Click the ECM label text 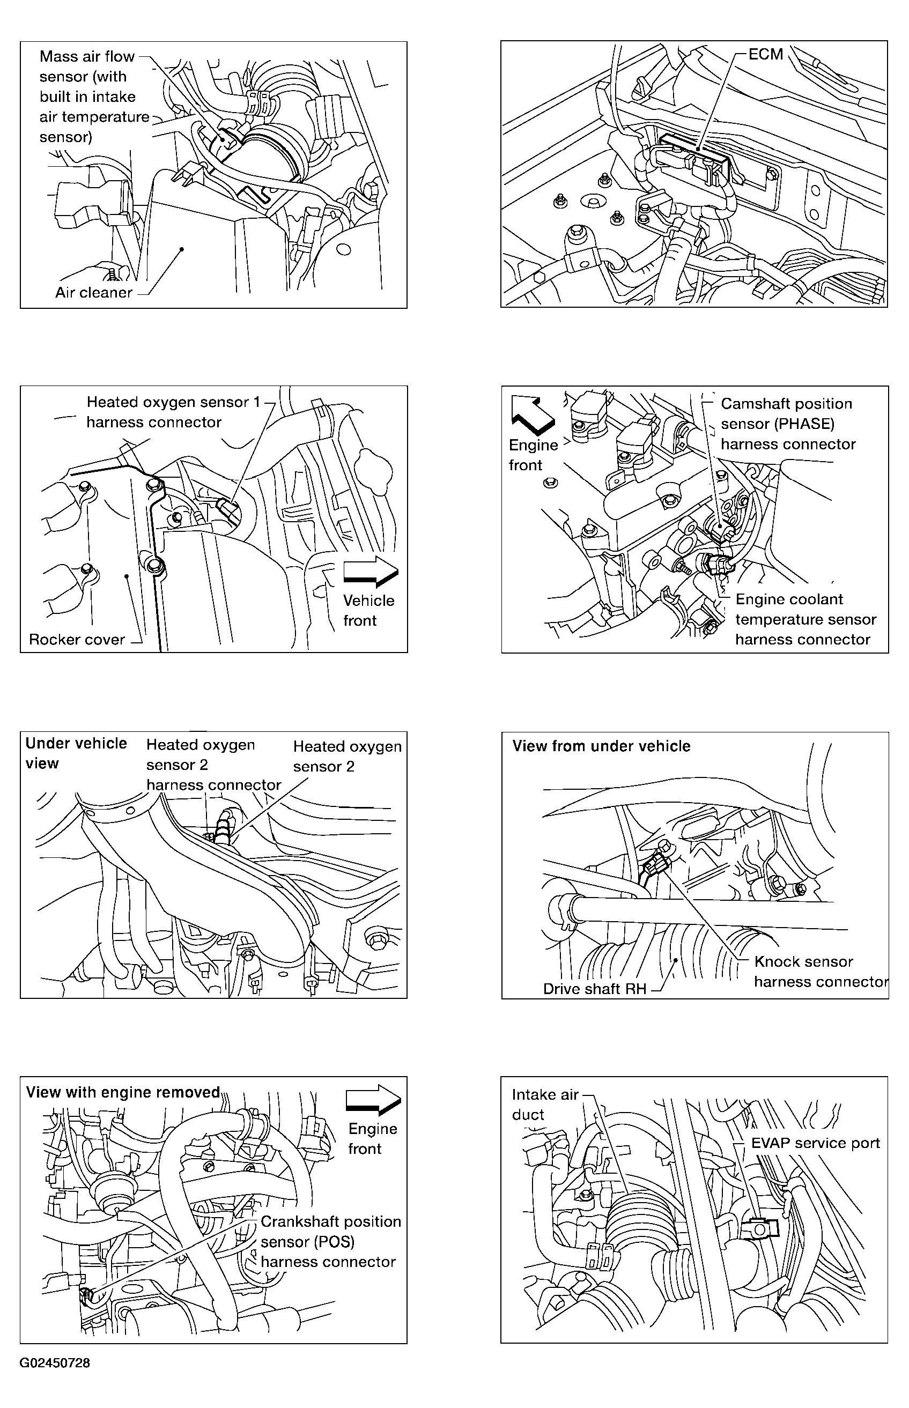coord(766,54)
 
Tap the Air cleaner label coord(93,293)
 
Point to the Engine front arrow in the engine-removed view coord(373,1100)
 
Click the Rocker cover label coord(77,640)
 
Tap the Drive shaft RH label coord(594,989)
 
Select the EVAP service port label coord(815,1143)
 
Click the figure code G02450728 coord(55,1362)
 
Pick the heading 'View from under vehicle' coord(601,746)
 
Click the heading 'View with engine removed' coord(123,1092)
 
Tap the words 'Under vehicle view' coord(76,752)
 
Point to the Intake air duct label coord(544,1104)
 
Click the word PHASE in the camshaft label coord(805,424)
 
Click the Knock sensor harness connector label coord(821,972)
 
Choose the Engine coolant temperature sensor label coord(805,619)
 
